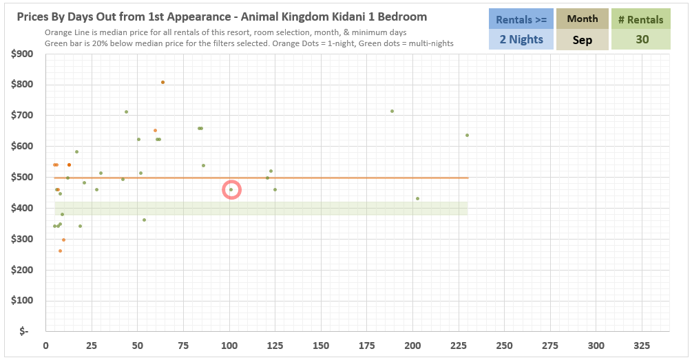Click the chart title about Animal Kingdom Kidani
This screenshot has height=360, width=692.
(221, 17)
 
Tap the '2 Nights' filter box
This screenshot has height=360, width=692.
(521, 39)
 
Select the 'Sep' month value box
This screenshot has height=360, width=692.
(582, 40)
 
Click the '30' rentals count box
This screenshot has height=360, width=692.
(642, 39)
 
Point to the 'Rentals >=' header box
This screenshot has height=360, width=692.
(521, 19)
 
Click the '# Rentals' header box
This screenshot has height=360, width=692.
(642, 19)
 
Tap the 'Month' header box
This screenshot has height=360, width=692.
(582, 19)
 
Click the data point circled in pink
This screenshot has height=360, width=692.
(231, 190)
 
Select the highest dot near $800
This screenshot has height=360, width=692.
(162, 83)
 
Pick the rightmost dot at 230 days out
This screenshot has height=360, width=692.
(467, 135)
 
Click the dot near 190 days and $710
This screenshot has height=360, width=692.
(392, 111)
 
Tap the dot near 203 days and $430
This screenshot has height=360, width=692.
(417, 199)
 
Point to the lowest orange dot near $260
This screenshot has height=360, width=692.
(60, 251)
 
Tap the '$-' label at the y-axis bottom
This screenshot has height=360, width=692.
(25, 332)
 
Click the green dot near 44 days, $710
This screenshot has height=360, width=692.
(126, 112)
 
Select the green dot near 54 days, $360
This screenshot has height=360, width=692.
(144, 220)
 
